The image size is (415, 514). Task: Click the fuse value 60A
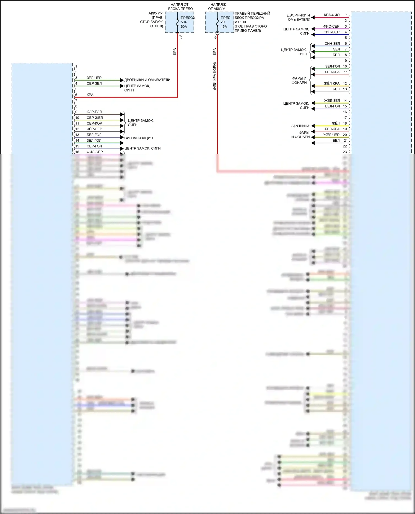[184, 27]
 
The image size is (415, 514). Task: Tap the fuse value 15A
[224, 27]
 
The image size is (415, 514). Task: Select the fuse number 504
[184, 22]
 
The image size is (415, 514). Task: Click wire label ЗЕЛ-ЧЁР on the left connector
[94, 78]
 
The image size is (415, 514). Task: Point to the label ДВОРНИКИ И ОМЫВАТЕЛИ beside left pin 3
[147, 80]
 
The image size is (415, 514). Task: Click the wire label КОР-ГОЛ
[94, 112]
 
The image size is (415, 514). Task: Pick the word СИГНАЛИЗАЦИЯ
[139, 138]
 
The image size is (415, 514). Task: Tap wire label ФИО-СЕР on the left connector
[95, 152]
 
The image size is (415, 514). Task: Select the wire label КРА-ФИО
[332, 15]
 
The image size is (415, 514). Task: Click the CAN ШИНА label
[300, 126]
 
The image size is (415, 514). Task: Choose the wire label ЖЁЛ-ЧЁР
[331, 135]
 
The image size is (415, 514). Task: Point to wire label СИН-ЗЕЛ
[332, 44]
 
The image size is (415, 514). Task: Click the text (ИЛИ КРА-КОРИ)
[215, 76]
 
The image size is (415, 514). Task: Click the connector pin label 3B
[180, 37]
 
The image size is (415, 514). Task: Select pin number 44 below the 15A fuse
[215, 37]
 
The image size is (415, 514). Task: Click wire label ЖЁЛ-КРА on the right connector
[331, 83]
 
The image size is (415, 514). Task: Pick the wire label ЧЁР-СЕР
[94, 129]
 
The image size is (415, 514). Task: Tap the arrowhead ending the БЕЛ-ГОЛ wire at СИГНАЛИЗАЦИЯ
[122, 137]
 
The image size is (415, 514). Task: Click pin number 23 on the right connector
[345, 152]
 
